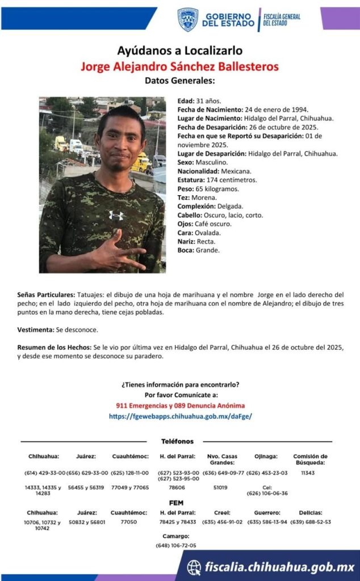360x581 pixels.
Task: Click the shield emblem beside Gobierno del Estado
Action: coord(187,19)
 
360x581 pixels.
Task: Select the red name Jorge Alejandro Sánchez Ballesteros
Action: coord(179,66)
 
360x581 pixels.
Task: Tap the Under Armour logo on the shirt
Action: coord(116,215)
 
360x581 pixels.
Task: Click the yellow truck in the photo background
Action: coord(141,163)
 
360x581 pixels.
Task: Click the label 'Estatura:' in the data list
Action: coord(191,180)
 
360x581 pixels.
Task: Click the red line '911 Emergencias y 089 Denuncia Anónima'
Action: coord(180,406)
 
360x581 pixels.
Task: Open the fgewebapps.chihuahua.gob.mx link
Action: coord(180,416)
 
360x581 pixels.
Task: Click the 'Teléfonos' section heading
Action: coord(177,441)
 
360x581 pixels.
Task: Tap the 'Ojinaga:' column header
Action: coord(266,456)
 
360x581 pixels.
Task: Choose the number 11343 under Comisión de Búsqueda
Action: coord(308,473)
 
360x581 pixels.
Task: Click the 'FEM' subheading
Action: coord(176,503)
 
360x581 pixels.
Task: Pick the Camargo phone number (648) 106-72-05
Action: coord(176,545)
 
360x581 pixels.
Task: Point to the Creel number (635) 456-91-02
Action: coord(222,522)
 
